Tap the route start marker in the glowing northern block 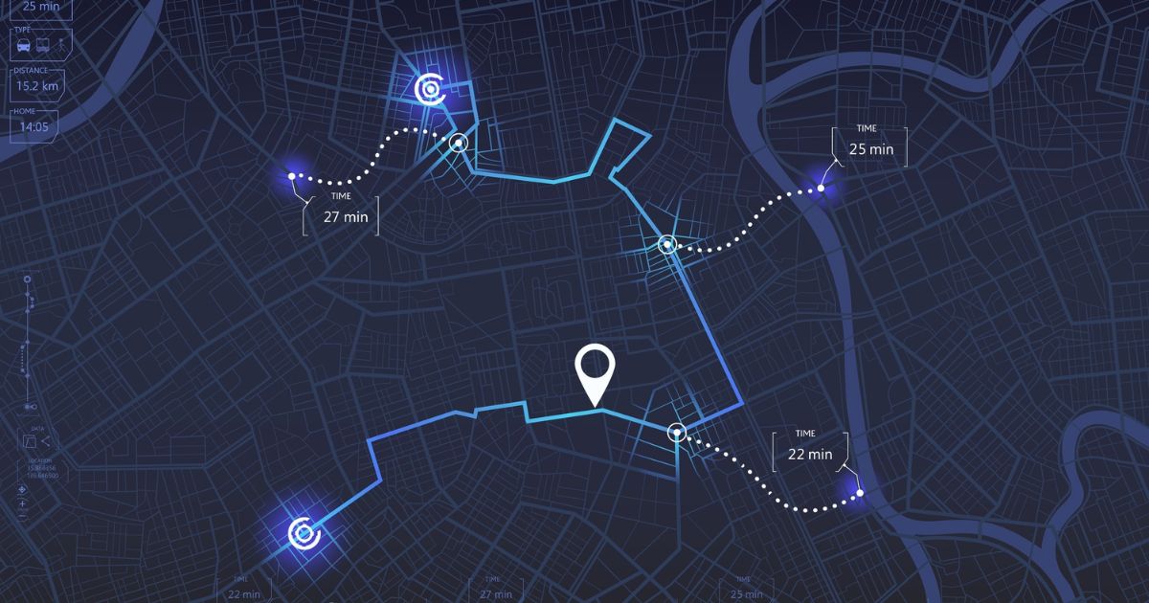pyautogui.click(x=430, y=89)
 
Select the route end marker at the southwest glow pyautogui.click(x=303, y=531)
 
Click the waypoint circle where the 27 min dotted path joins pyautogui.click(x=459, y=143)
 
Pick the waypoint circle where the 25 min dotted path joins pyautogui.click(x=667, y=244)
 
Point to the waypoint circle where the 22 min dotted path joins pyautogui.click(x=677, y=433)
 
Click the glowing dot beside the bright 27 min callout pyautogui.click(x=292, y=176)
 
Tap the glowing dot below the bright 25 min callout pyautogui.click(x=821, y=189)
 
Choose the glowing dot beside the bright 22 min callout pyautogui.click(x=859, y=493)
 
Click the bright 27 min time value pyautogui.click(x=345, y=216)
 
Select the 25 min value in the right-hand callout pyautogui.click(x=870, y=149)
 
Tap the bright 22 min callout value pyautogui.click(x=809, y=454)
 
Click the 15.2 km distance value pyautogui.click(x=36, y=86)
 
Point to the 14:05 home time pyautogui.click(x=34, y=126)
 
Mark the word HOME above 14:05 pyautogui.click(x=25, y=112)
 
